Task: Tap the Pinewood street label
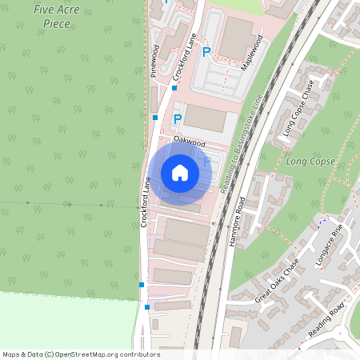click(154, 61)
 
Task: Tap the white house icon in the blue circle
click(179, 173)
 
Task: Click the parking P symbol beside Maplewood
click(206, 53)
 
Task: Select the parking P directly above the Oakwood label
click(178, 119)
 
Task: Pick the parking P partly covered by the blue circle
click(207, 162)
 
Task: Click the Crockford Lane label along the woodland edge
click(146, 202)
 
